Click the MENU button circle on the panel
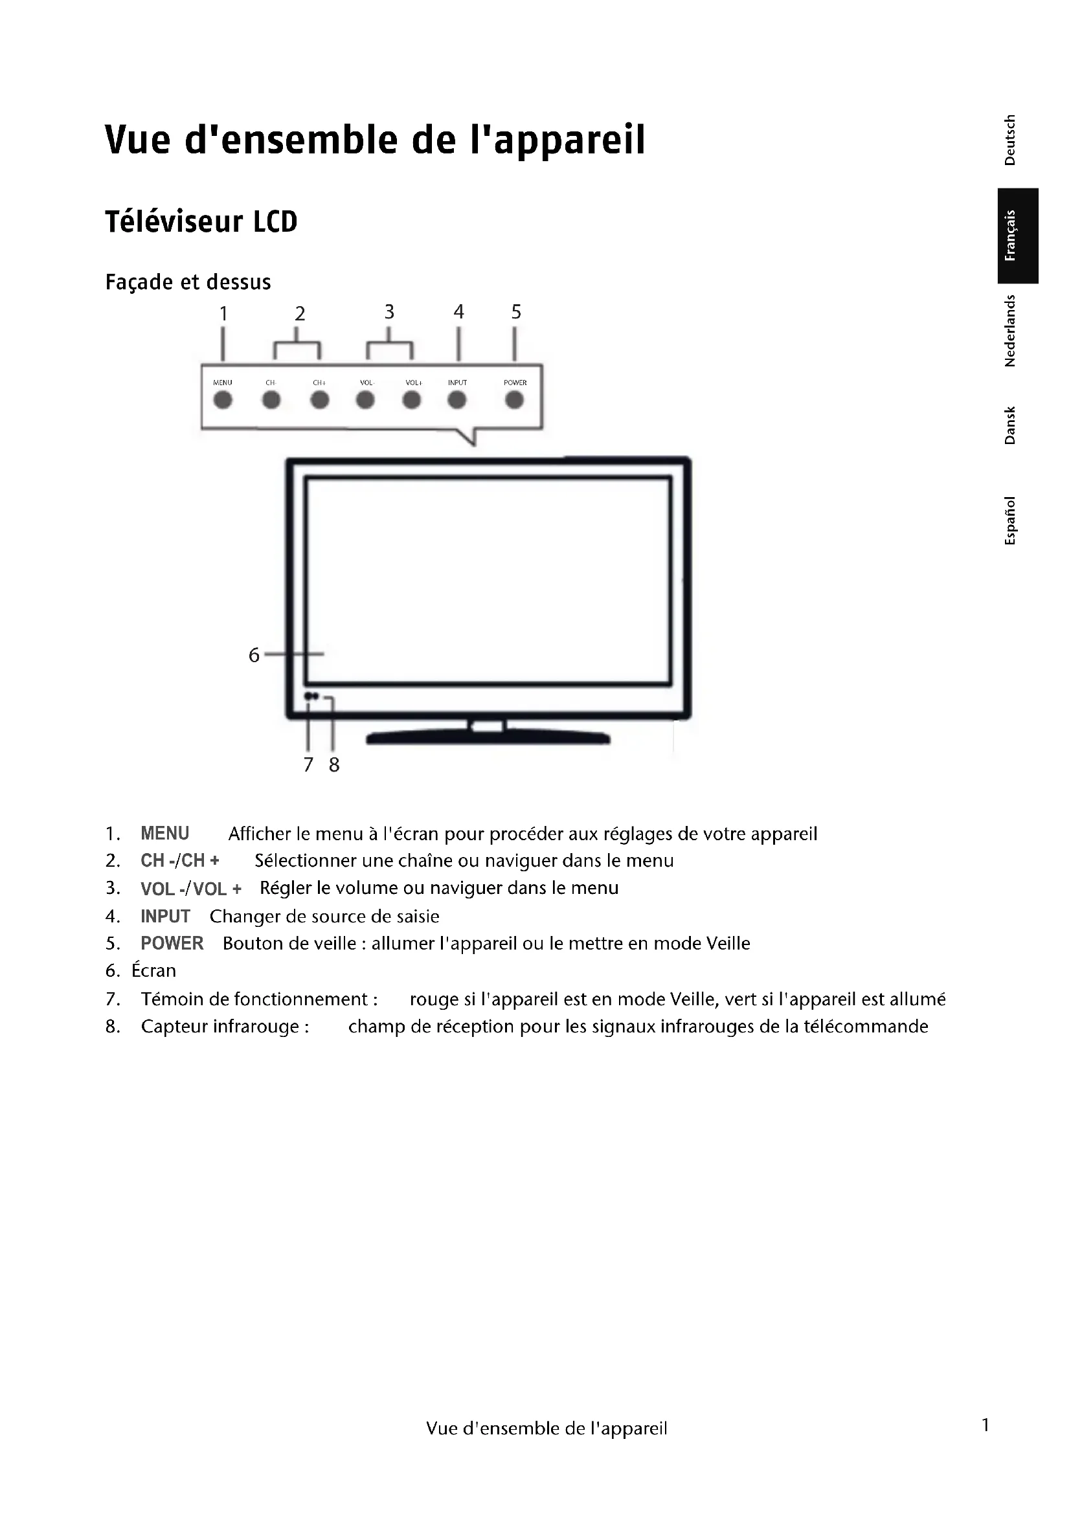(223, 399)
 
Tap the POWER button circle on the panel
(514, 399)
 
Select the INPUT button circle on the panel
(457, 399)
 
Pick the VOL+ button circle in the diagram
(412, 399)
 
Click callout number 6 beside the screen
(254, 655)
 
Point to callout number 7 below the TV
(308, 764)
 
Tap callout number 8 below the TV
(334, 764)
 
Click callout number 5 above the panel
(516, 311)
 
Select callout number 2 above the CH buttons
(300, 313)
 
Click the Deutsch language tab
(1009, 140)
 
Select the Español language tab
(1009, 521)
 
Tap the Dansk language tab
(1009, 425)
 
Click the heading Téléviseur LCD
(201, 221)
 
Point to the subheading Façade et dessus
(188, 282)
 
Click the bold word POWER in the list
(172, 943)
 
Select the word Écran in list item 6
(153, 971)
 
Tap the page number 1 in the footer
(986, 1425)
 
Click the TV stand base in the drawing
(488, 739)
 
